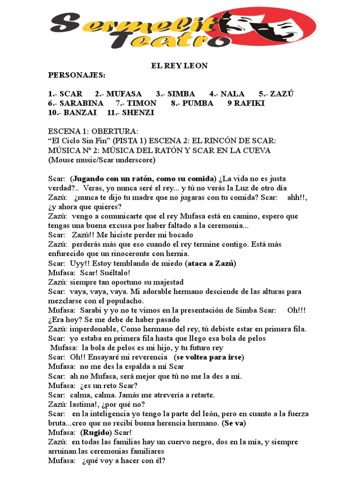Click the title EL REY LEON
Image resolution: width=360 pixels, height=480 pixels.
coord(179,66)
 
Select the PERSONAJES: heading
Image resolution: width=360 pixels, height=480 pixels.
coord(77,75)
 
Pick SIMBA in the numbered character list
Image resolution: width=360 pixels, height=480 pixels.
coord(181,94)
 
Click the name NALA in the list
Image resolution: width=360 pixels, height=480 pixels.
coord(232,94)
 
